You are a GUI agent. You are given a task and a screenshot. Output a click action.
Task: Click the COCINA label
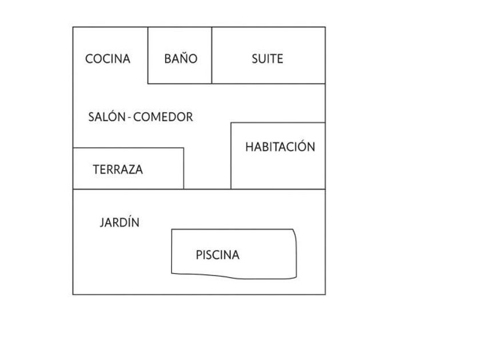tap(107, 59)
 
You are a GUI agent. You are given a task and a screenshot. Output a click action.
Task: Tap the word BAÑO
tap(181, 59)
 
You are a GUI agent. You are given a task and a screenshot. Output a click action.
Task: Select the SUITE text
tap(267, 59)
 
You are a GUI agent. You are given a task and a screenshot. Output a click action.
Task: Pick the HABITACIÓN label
tap(280, 147)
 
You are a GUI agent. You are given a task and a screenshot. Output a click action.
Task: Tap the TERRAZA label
tap(118, 170)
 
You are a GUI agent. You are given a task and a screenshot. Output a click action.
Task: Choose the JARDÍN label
tap(119, 223)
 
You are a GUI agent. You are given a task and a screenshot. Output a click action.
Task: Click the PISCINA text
tap(217, 255)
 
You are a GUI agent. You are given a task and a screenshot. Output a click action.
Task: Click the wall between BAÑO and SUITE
tap(212, 55)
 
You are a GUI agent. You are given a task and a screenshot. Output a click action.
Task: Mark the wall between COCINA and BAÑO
tap(148, 55)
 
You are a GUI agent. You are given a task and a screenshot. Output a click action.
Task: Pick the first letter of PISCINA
tap(198, 255)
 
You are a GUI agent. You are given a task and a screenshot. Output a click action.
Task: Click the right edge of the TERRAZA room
tap(183, 169)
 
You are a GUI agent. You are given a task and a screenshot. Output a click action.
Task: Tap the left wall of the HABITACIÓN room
tap(231, 155)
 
